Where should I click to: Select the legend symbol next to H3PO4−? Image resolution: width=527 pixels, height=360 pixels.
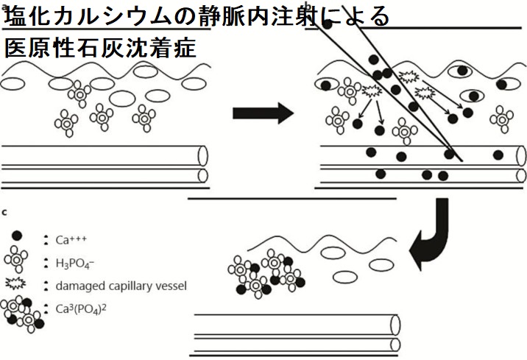[17, 261]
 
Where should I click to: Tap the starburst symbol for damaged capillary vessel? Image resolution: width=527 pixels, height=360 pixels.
[17, 285]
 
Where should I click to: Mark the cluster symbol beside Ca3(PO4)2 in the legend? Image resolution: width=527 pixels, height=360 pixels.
[22, 311]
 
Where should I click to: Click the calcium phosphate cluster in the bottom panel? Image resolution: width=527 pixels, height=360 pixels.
[265, 274]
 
